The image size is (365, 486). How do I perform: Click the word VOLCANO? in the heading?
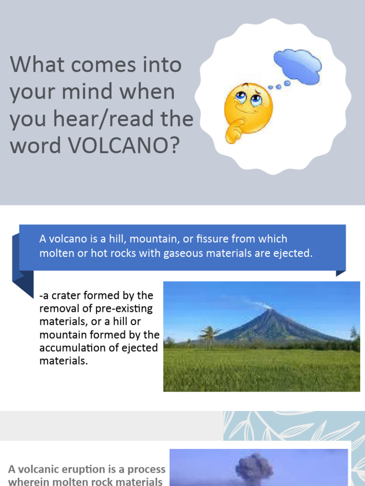pos(125,146)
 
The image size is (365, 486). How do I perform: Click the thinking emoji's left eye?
pos(241,97)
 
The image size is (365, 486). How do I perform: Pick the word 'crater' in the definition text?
pos(67,295)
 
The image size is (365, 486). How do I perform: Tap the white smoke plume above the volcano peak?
pos(260,304)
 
